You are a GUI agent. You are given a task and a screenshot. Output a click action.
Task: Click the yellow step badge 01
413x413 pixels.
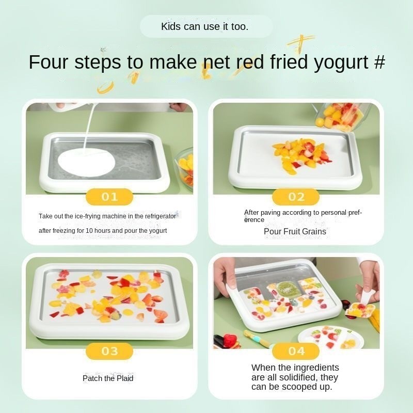109,197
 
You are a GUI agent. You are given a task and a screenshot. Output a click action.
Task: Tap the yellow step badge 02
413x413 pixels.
295,197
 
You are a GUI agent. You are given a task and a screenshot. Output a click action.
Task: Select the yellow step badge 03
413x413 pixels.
109,351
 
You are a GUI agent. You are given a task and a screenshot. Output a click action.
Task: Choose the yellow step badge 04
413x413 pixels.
295,351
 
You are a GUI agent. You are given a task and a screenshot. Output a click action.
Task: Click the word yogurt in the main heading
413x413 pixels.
341,62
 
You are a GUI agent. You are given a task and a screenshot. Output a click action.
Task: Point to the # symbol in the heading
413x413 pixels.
379,62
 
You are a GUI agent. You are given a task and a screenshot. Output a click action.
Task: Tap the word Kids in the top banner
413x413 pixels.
171,26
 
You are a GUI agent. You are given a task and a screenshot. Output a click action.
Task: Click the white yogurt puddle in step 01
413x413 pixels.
86,162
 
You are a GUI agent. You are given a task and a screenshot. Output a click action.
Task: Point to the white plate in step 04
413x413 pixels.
331,338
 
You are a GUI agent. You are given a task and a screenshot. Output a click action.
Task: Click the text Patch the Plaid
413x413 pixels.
108,378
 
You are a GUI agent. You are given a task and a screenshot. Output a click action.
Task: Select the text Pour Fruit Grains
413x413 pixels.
295,231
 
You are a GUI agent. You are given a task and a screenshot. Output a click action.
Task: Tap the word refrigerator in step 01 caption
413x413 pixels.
160,216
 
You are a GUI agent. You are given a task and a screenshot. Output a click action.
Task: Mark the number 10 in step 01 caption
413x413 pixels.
89,231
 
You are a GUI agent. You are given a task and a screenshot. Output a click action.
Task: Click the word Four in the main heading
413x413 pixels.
49,62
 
